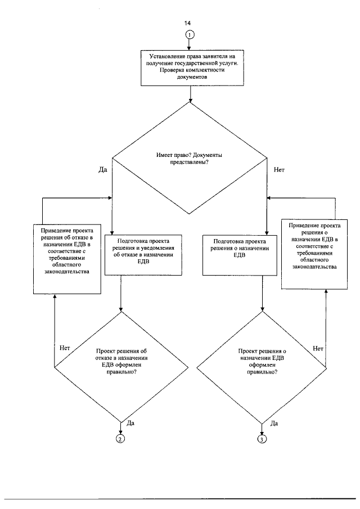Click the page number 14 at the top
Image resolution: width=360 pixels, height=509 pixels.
pos(187,23)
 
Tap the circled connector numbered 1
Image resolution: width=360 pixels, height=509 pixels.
pos(190,35)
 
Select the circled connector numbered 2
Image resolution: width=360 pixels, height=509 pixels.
pos(120,439)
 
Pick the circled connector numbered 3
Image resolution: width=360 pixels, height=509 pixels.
pos(262,439)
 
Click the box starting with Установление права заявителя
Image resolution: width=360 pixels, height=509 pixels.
pos(192,68)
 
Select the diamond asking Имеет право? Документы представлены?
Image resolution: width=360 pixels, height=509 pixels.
pos(190,158)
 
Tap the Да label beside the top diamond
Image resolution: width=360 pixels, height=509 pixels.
pos(103,169)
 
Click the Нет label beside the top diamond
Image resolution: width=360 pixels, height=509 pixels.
pos(279,169)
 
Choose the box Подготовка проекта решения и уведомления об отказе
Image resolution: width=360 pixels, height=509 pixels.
pos(143,255)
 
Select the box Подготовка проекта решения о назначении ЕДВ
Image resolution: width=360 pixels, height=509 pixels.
pos(240,255)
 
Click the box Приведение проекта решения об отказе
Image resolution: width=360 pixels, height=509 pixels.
pos(67,259)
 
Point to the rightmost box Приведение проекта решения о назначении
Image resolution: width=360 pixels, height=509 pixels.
pos(314,254)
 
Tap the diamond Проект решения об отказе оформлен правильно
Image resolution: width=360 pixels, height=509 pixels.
pos(121,367)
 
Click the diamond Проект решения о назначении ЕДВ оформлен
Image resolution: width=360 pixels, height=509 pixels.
pos(262,367)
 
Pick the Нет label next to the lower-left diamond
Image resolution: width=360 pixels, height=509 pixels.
pos(65,348)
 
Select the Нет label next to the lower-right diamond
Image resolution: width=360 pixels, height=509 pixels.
pos(318,348)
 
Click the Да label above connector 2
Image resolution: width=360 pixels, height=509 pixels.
pos(130,423)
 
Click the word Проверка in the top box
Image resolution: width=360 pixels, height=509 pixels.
pos(170,70)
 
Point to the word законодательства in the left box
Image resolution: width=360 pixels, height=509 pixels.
pos(67,272)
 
